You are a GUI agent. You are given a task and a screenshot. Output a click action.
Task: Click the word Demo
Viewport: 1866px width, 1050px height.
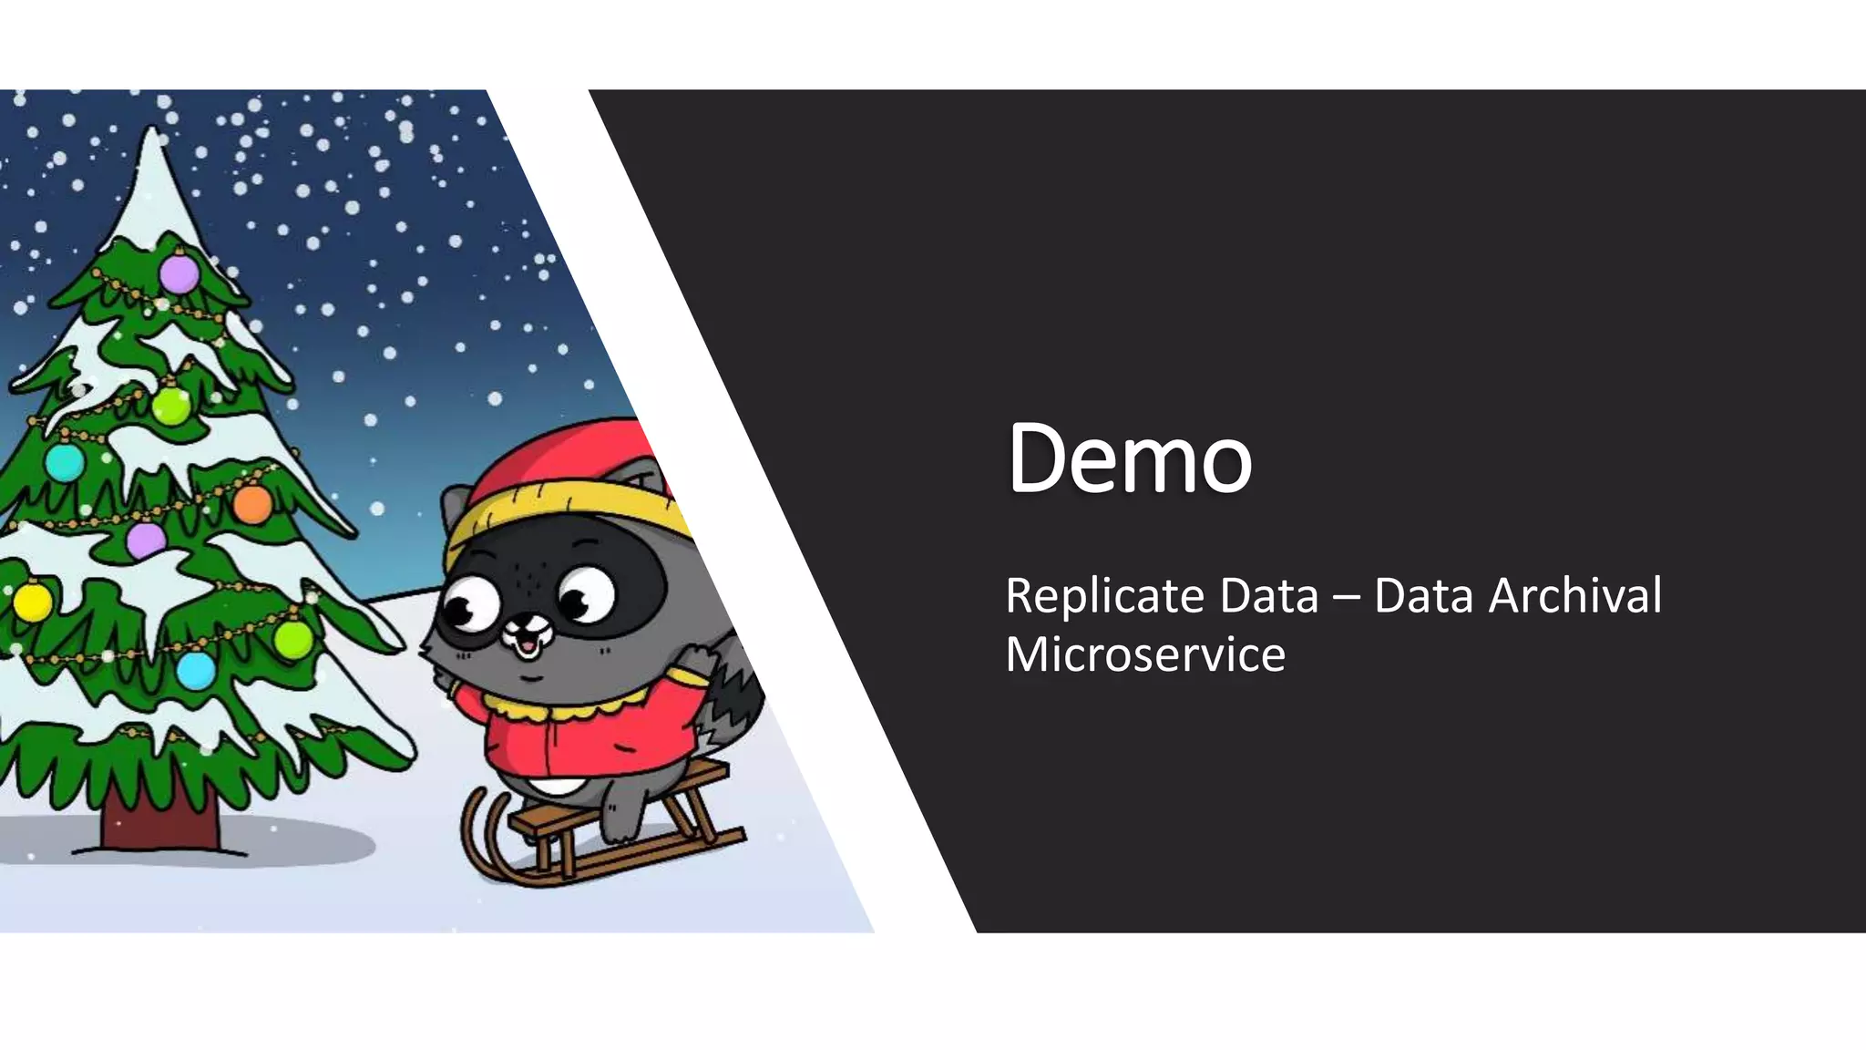[1129, 458]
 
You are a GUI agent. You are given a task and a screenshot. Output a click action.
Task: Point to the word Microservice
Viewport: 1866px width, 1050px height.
[1144, 654]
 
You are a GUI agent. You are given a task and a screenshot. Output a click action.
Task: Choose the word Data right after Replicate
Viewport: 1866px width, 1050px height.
[1269, 596]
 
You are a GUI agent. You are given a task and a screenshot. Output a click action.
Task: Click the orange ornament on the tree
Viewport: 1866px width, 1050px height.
[252, 504]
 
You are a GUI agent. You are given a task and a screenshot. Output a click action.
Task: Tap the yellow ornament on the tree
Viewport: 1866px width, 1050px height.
[33, 602]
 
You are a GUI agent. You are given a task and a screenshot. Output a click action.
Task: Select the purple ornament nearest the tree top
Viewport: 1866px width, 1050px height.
[179, 273]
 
